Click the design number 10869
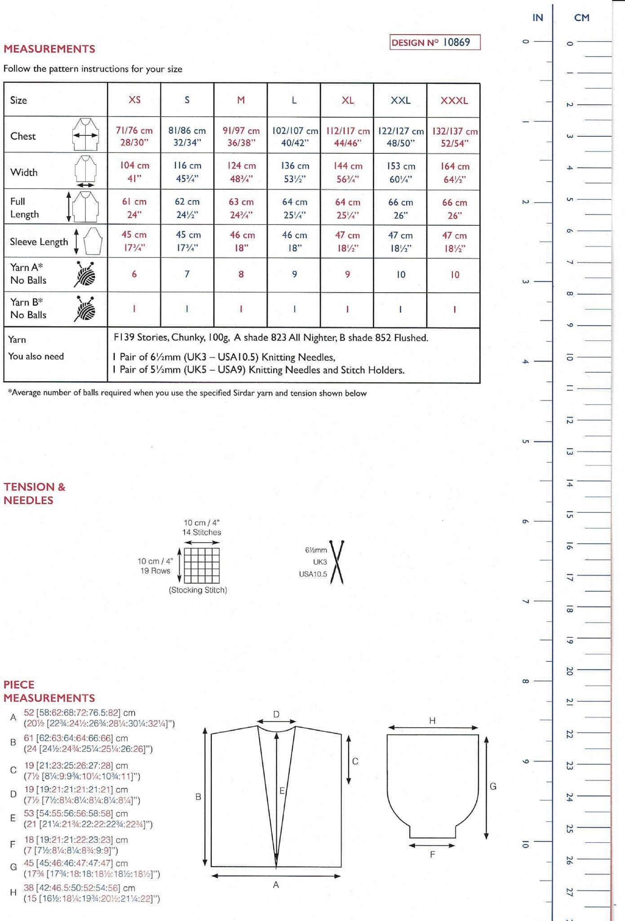[456, 42]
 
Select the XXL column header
[400, 100]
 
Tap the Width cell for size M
[241, 172]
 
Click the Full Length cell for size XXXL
[454, 209]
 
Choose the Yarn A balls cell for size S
[187, 274]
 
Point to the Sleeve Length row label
[39, 242]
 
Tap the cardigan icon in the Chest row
[85, 134]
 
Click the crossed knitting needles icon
[337, 562]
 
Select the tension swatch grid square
[202, 565]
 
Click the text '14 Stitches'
[201, 532]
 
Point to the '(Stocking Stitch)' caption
[198, 590]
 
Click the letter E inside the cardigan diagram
[282, 791]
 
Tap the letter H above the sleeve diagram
[432, 721]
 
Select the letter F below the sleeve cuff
[432, 854]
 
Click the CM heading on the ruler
[581, 18]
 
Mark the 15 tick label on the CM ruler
[569, 514]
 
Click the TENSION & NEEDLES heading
[35, 493]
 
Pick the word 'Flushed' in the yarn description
[411, 338]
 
